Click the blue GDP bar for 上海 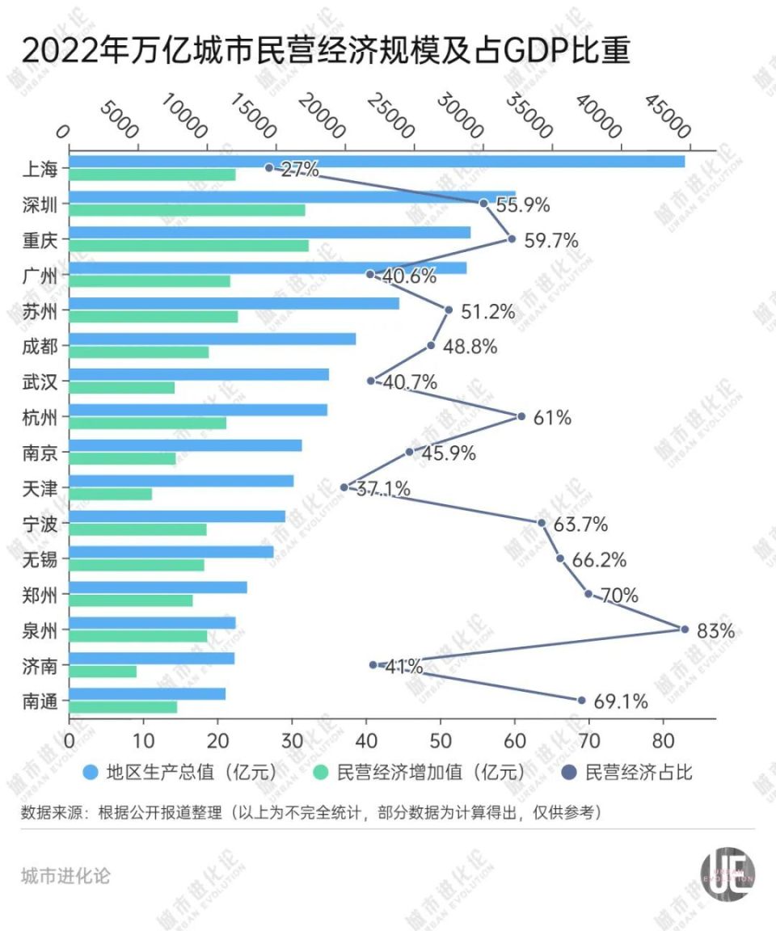pyautogui.click(x=377, y=162)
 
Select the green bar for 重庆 pyautogui.click(x=188, y=246)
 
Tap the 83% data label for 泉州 pyautogui.click(x=715, y=631)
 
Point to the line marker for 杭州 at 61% pyautogui.click(x=521, y=416)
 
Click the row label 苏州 pyautogui.click(x=41, y=310)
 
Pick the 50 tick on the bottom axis pyautogui.click(x=441, y=739)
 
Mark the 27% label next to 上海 pyautogui.click(x=300, y=170)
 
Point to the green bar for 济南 pyautogui.click(x=103, y=672)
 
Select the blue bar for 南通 pyautogui.click(x=147, y=694)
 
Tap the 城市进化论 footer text pyautogui.click(x=65, y=876)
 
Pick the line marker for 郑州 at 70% pyautogui.click(x=588, y=594)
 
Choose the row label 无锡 pyautogui.click(x=41, y=559)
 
